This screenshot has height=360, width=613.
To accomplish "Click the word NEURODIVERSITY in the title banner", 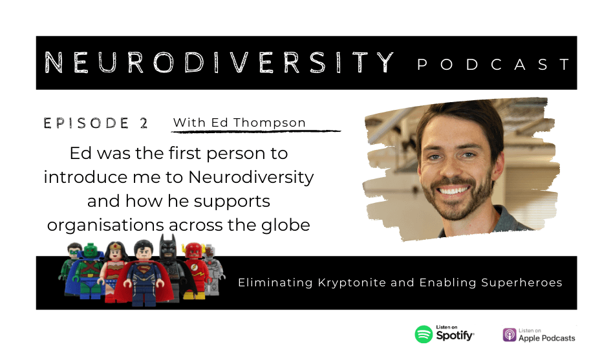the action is [219, 63].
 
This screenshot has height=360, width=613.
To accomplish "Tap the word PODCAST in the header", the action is [494, 65].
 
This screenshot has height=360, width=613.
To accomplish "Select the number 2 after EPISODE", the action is [144, 123].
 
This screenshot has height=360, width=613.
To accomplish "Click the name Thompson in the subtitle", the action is [270, 122].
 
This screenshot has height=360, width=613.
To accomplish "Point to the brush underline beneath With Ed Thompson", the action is [256, 131].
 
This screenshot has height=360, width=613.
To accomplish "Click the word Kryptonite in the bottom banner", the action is [352, 282].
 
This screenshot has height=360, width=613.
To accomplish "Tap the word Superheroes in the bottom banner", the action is [522, 282].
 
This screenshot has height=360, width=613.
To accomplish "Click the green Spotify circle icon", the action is [424, 335].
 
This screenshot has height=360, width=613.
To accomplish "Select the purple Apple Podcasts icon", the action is [510, 335].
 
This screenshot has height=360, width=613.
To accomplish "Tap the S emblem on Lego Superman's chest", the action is [143, 270].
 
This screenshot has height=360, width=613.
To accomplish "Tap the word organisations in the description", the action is [105, 225].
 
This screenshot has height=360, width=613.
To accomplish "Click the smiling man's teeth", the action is [454, 191].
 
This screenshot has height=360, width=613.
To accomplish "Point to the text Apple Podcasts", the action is [546, 338].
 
